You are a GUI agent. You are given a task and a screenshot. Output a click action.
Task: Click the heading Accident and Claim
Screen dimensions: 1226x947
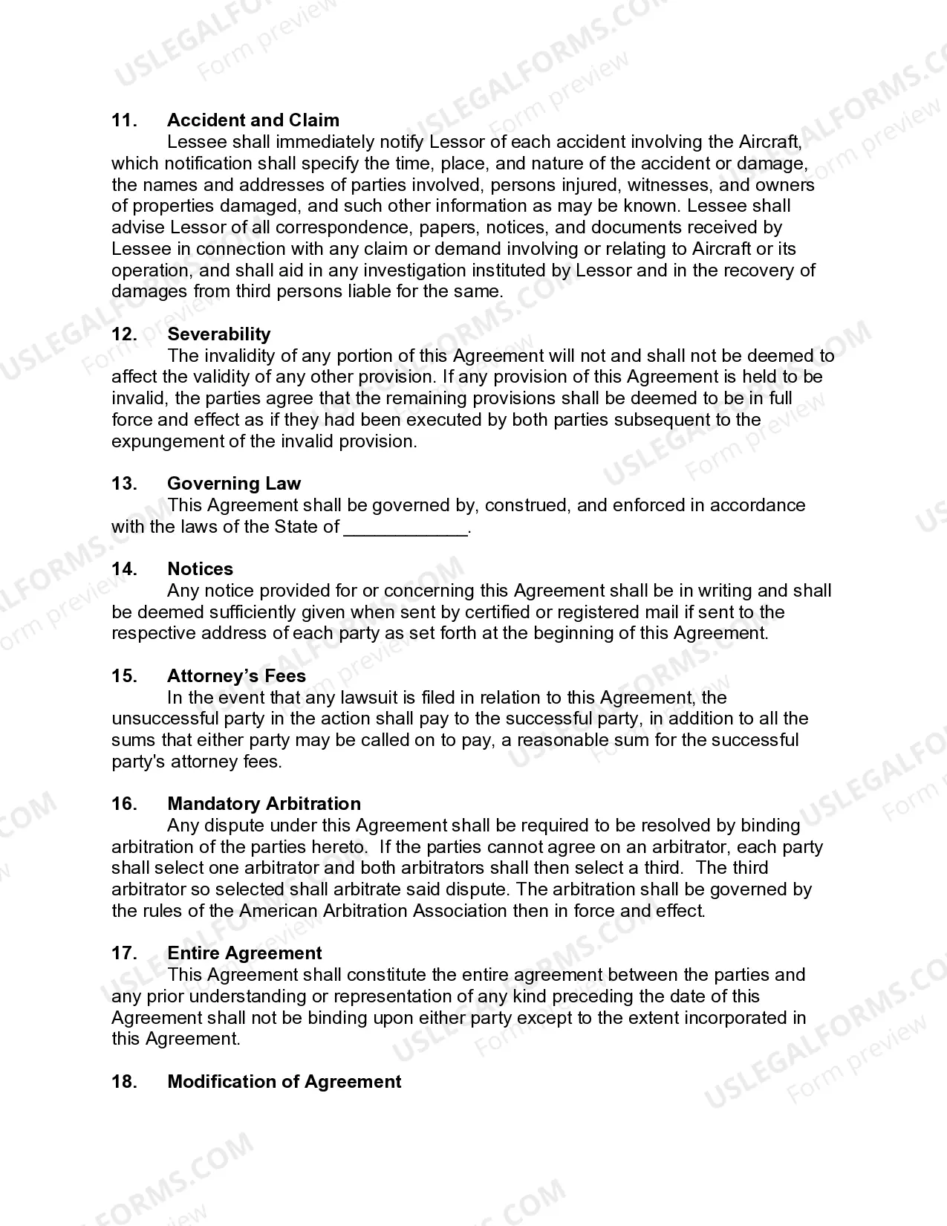[x=253, y=120]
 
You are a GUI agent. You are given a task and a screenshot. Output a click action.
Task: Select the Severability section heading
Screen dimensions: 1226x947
[x=218, y=334]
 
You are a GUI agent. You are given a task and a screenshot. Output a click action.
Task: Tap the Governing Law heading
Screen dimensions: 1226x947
[x=234, y=484]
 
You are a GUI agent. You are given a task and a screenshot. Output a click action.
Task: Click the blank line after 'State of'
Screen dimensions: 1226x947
[x=406, y=528]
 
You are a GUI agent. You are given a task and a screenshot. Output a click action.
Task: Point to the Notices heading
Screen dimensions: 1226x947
[x=200, y=569]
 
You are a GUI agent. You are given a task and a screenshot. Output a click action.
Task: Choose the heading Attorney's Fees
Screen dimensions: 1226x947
[x=236, y=676]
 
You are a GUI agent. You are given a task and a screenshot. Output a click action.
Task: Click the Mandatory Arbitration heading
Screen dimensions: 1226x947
[x=264, y=804]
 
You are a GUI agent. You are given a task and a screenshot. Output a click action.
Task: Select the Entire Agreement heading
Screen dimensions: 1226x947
[x=244, y=953]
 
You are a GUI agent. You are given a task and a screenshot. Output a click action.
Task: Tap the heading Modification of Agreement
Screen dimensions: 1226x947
[x=284, y=1082]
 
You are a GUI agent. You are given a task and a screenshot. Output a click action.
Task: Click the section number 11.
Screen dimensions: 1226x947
[x=124, y=120]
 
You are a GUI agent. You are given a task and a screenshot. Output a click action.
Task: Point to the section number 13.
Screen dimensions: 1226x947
[x=124, y=484]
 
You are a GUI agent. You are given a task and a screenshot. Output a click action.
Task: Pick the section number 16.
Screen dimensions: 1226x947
[x=124, y=804]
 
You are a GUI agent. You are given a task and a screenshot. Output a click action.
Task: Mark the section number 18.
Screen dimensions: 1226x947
[x=124, y=1082]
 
